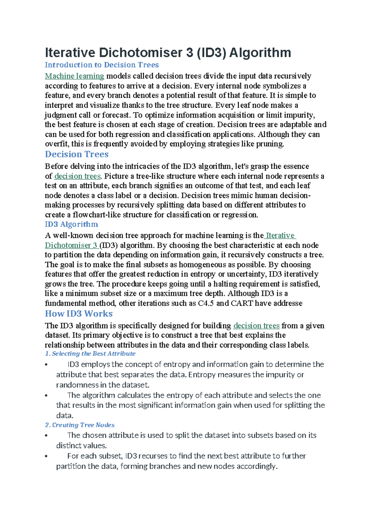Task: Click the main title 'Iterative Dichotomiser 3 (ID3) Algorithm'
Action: click(x=168, y=53)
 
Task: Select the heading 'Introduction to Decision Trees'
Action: click(x=102, y=65)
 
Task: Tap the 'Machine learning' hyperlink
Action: click(x=74, y=76)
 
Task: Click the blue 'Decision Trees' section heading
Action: click(x=77, y=154)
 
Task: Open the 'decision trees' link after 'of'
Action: click(x=77, y=176)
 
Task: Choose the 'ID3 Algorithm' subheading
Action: click(x=71, y=224)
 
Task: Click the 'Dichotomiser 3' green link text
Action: click(x=71, y=245)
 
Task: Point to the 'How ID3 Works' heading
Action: click(x=79, y=314)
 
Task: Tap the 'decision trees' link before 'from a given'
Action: click(x=256, y=326)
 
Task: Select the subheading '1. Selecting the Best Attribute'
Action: click(x=90, y=354)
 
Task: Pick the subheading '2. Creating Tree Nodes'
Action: click(x=80, y=425)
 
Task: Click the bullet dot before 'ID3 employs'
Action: click(x=46, y=365)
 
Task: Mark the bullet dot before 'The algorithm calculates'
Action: click(x=46, y=396)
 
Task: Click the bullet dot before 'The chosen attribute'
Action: click(x=46, y=436)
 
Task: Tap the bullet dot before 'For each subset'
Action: click(x=46, y=456)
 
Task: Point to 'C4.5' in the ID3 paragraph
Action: click(x=206, y=303)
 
